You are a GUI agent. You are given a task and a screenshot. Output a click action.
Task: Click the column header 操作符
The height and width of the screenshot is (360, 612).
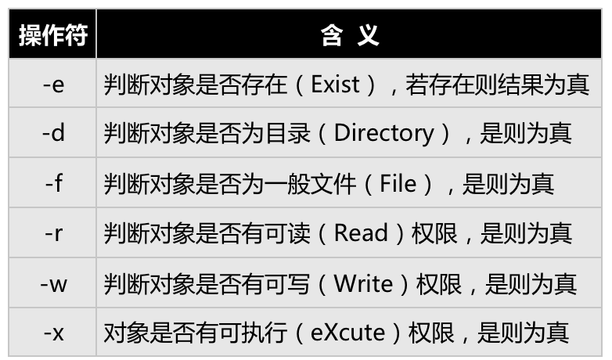[x=52, y=34]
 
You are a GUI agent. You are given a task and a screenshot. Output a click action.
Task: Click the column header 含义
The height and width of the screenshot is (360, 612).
[x=350, y=34]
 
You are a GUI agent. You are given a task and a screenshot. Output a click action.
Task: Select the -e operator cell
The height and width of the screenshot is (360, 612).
[x=53, y=84]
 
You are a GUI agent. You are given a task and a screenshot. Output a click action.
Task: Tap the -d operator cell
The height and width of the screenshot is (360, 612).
[x=53, y=133]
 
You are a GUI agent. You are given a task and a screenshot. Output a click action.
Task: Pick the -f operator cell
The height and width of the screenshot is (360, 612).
[x=53, y=183]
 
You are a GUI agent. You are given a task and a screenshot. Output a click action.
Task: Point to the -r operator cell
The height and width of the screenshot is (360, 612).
[x=53, y=232]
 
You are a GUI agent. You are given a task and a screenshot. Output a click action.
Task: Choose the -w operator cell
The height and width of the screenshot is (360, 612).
[x=53, y=283]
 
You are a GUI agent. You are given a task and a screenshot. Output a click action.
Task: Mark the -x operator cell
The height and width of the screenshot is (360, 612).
[x=53, y=333]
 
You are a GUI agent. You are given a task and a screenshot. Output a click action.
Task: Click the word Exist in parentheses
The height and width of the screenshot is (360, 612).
[x=335, y=84]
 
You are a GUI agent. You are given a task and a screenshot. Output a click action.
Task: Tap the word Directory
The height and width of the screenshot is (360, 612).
[x=383, y=133]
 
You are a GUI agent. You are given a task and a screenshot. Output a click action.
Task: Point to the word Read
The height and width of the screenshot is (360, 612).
[x=361, y=232]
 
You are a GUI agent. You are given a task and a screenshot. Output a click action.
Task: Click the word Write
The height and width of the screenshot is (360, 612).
[x=363, y=283]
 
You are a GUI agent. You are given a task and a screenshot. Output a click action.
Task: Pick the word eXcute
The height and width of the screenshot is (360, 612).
[x=347, y=333]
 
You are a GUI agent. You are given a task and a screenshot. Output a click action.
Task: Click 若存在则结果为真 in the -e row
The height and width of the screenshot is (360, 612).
[x=497, y=84]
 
